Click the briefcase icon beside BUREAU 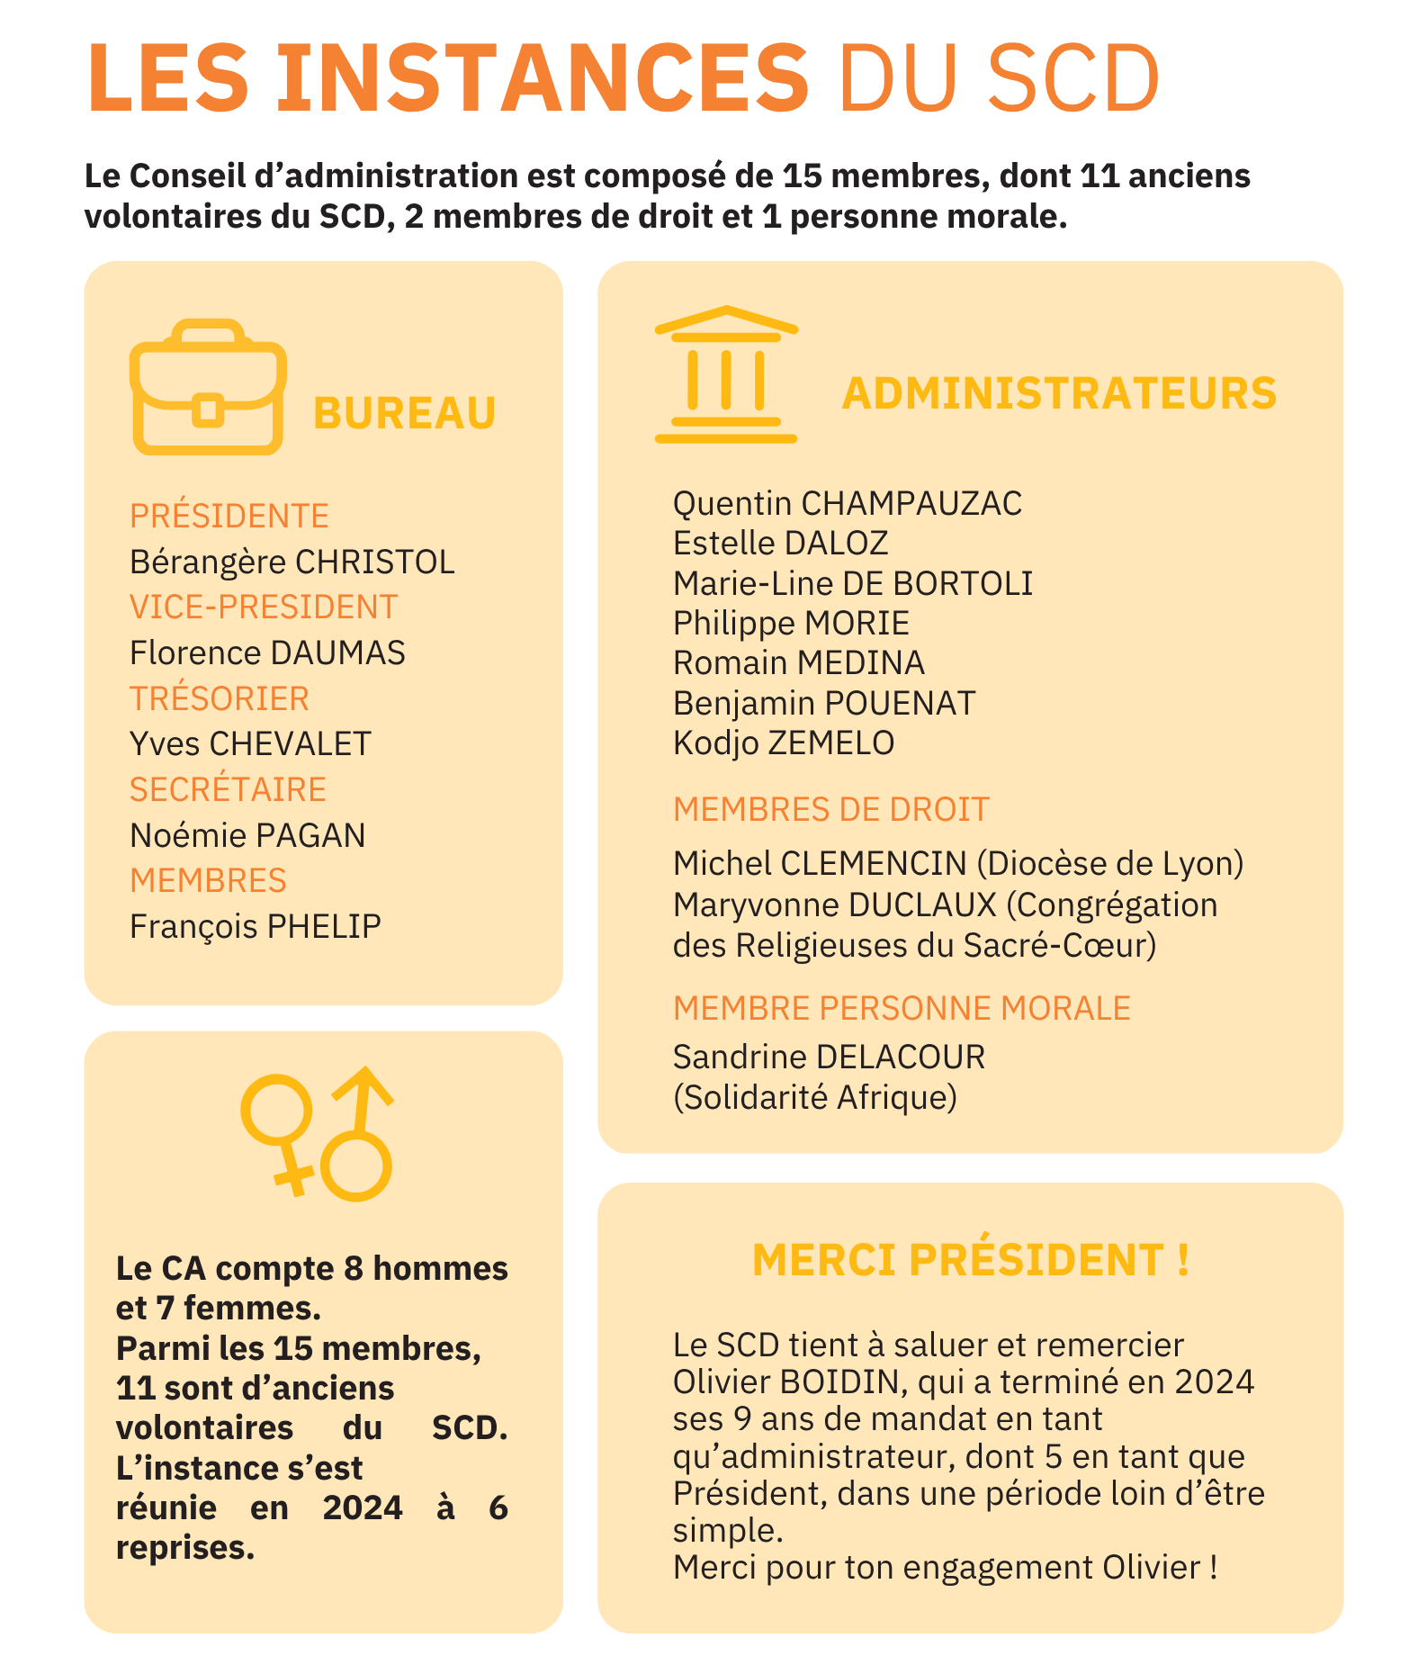click(208, 388)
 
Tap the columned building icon click(725, 375)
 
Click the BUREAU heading click(404, 413)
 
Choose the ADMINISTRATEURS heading click(1059, 393)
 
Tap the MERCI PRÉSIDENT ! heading click(970, 1259)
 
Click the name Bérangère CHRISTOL click(292, 562)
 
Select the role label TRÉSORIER click(220, 698)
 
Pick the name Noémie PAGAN click(247, 835)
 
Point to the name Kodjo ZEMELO click(784, 742)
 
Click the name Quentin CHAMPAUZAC click(848, 503)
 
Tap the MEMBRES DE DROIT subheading click(831, 809)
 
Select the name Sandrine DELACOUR click(829, 1057)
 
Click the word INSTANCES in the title click(543, 77)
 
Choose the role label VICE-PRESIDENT click(264, 607)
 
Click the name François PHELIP click(256, 926)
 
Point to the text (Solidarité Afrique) click(815, 1097)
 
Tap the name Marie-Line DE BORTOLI click(853, 583)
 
